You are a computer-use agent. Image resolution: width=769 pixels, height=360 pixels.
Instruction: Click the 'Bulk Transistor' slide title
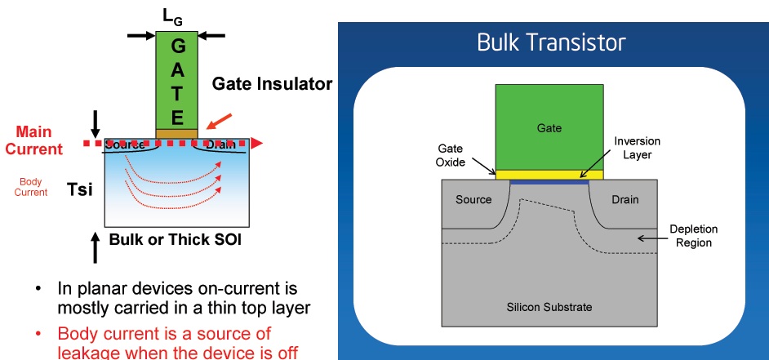pos(553,42)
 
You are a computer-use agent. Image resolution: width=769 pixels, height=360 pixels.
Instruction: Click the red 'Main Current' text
pos(32,140)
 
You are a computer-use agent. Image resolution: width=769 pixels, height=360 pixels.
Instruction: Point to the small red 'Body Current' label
pos(32,187)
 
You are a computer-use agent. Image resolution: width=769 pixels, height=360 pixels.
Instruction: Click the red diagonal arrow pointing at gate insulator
pos(218,124)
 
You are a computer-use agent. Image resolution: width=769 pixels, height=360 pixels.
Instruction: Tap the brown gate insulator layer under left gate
pos(176,133)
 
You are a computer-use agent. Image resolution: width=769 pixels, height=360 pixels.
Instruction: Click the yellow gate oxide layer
pos(549,174)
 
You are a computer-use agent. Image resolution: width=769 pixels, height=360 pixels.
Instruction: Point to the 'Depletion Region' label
pos(689,236)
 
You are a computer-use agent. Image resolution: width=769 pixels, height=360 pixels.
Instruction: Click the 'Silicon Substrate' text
pos(549,307)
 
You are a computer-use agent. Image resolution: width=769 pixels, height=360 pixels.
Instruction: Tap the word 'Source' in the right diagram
pos(473,199)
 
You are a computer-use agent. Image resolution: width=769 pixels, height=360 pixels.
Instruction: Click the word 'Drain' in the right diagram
pos(624,199)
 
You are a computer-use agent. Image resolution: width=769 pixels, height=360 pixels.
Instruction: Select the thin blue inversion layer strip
pos(549,182)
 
